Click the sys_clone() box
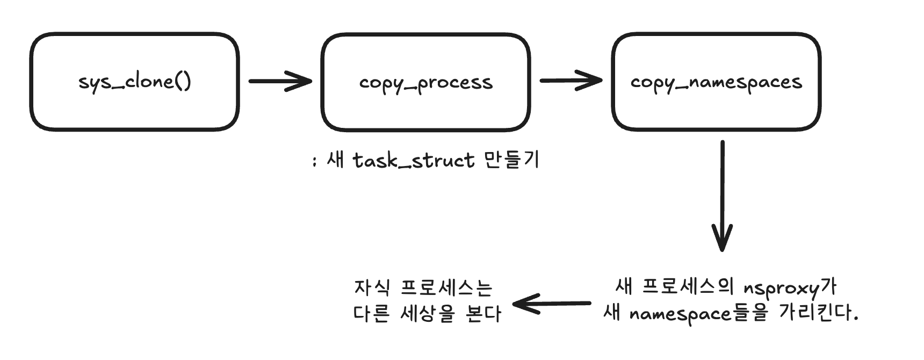(x=134, y=107)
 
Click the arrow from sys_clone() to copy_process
(x=280, y=81)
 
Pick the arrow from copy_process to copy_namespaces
(x=571, y=81)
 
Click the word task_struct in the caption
(x=414, y=160)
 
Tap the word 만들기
(x=511, y=160)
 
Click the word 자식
(x=371, y=288)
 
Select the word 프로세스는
(x=446, y=289)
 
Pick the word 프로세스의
(x=688, y=287)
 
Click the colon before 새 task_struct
(x=314, y=161)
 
